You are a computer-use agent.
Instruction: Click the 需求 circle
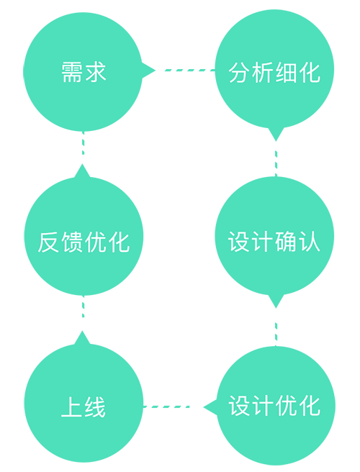[83, 72]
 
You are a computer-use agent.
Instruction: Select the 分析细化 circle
[274, 69]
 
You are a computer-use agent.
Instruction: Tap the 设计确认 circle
[274, 236]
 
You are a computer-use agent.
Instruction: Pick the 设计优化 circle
[276, 406]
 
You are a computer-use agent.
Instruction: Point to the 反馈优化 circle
[84, 236]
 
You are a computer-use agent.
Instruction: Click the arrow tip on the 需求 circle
[155, 71]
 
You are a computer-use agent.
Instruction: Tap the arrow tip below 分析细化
[276, 141]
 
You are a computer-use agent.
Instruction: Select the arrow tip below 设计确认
[276, 308]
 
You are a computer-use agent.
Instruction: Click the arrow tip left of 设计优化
[204, 407]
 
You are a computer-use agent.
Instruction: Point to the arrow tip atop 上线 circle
[82, 331]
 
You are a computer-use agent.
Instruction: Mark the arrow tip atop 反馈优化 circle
[82, 164]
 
